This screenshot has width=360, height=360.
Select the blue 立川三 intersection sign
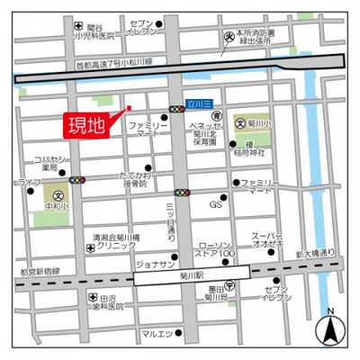[199, 103]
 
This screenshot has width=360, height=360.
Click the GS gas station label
[216, 205]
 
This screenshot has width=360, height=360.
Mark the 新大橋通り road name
[310, 255]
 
